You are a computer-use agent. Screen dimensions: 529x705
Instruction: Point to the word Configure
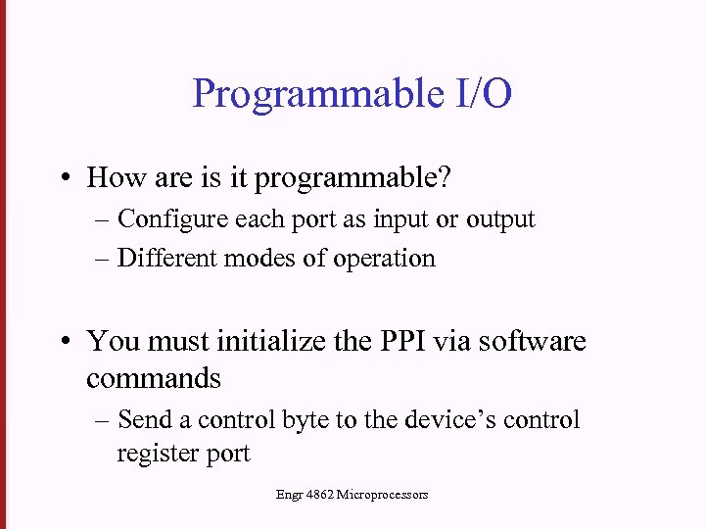pyautogui.click(x=173, y=219)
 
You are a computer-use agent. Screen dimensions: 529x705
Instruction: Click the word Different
pyautogui.click(x=167, y=258)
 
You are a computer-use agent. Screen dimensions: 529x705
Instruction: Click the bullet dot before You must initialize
pyautogui.click(x=64, y=342)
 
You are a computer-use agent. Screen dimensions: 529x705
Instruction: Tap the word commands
pyautogui.click(x=154, y=378)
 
